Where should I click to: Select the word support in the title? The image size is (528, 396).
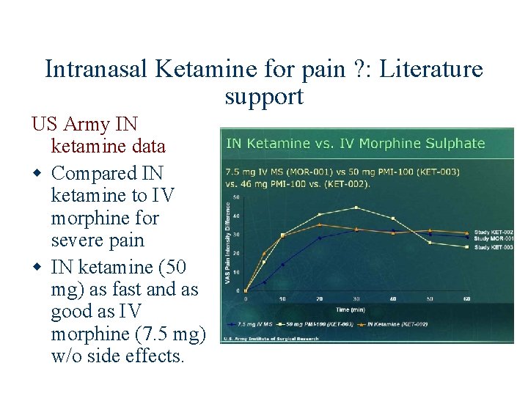pos(264,96)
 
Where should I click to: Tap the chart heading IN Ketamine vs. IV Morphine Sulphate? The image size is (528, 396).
pos(355,143)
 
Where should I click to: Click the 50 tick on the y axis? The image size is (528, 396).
pos(236,197)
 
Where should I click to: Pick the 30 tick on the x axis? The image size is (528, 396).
pos(356,299)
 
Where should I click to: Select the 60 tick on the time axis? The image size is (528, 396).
pos(467,299)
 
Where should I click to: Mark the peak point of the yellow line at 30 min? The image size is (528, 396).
pos(356,208)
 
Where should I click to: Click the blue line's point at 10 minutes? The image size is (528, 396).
pos(282,265)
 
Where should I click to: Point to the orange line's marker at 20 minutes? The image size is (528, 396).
pos(320,224)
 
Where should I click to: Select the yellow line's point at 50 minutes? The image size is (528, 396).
pos(430,243)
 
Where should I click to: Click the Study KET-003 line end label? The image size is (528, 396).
pos(494,247)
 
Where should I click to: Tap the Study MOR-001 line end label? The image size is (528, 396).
pos(494,238)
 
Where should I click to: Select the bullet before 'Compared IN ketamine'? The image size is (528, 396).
pos(36,174)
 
